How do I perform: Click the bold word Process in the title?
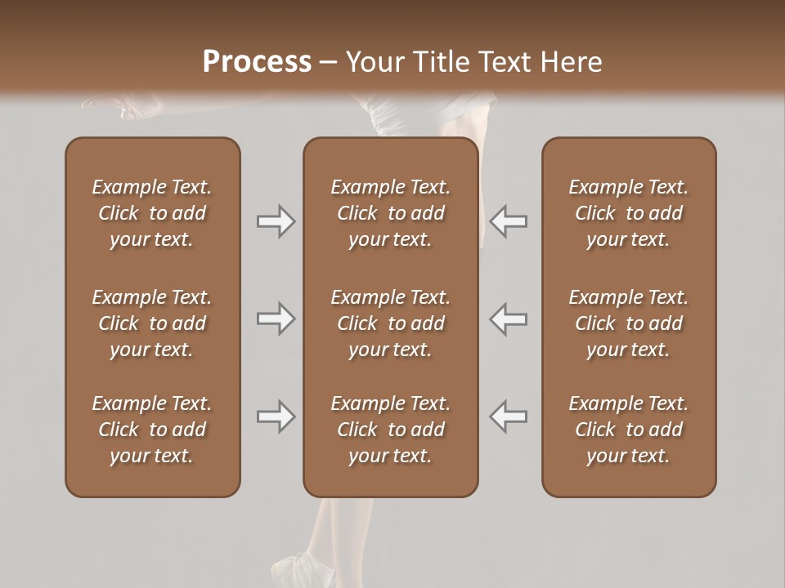click(x=257, y=62)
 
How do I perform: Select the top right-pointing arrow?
click(x=276, y=221)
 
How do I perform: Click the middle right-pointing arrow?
click(x=276, y=318)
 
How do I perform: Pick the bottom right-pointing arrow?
click(x=276, y=416)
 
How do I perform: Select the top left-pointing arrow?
click(x=508, y=221)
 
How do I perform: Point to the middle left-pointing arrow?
click(x=508, y=318)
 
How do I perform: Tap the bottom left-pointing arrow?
click(x=508, y=416)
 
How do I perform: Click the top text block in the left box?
click(x=152, y=213)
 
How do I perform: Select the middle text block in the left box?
click(x=152, y=323)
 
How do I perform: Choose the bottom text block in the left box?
click(x=152, y=430)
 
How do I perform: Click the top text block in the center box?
click(x=390, y=213)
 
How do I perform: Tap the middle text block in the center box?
click(x=390, y=323)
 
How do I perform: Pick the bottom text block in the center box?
click(x=390, y=430)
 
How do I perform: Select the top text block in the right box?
click(x=628, y=213)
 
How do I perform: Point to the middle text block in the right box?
click(x=628, y=323)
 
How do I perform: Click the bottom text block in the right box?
click(x=628, y=430)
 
